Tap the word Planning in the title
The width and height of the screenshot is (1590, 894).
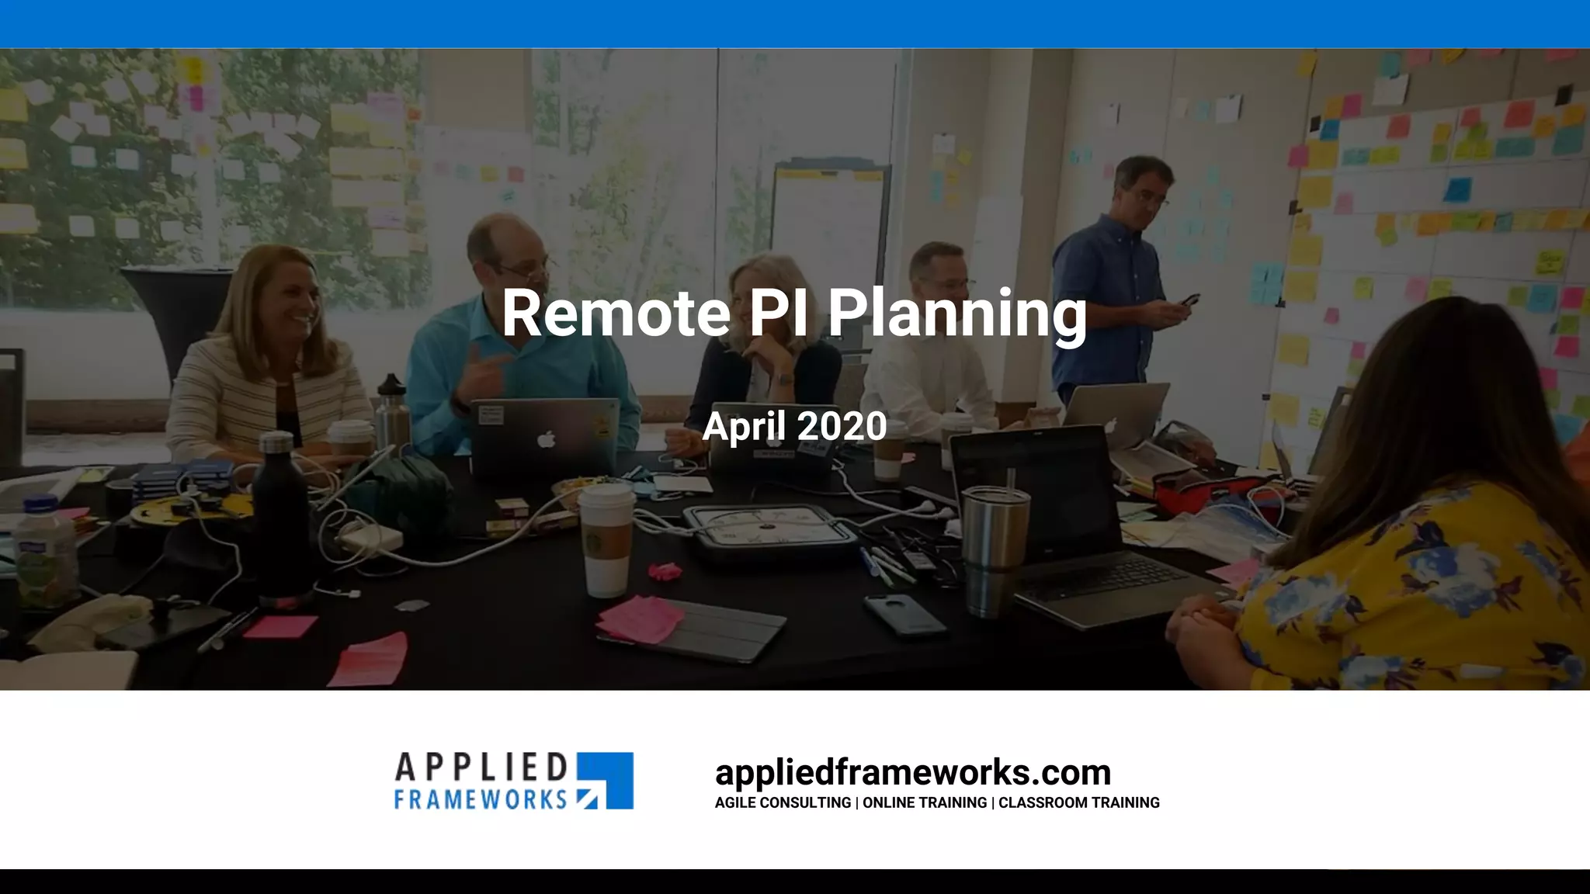click(x=956, y=314)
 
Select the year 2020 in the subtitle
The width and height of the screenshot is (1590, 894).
click(x=842, y=426)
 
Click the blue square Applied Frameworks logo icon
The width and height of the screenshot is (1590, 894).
click(x=606, y=780)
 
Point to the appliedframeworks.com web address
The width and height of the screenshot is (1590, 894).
click(x=913, y=772)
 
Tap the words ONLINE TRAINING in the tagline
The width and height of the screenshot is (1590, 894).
click(x=925, y=802)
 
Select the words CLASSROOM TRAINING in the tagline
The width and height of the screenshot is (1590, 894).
click(x=1078, y=802)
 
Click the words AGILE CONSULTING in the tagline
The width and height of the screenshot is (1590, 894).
click(x=783, y=802)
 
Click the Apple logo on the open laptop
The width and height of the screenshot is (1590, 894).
click(x=547, y=440)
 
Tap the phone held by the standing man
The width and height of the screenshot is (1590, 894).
click(x=1189, y=300)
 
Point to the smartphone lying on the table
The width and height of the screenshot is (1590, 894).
click(x=904, y=614)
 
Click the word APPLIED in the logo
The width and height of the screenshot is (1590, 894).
click(x=481, y=768)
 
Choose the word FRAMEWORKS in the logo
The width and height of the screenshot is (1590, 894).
click(x=481, y=799)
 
